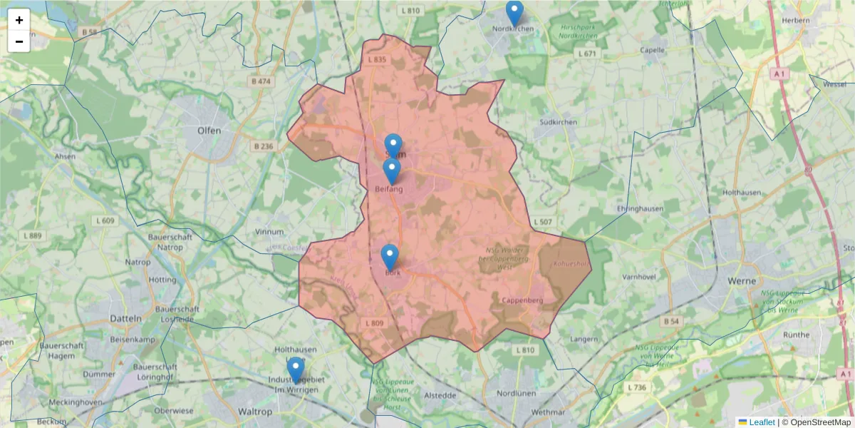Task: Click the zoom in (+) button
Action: [x=19, y=20]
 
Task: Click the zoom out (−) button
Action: [x=19, y=41]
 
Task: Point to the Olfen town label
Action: [x=209, y=131]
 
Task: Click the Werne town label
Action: [x=742, y=281]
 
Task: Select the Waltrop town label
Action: [x=255, y=412]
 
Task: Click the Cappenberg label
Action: [x=522, y=300]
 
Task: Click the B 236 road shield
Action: [x=263, y=146]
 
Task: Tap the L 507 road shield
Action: [x=542, y=223]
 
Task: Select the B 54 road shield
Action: [x=671, y=322]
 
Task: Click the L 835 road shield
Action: [x=377, y=59]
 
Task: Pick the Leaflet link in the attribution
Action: [x=761, y=422]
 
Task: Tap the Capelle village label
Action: [x=653, y=51]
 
